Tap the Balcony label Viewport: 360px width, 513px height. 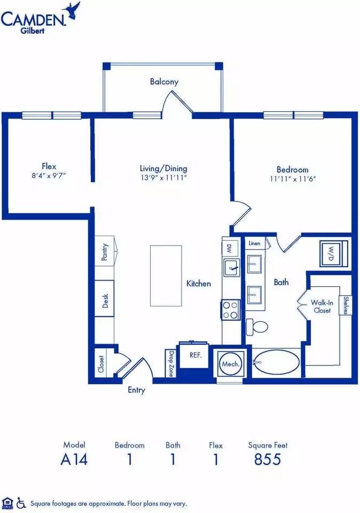[x=164, y=81]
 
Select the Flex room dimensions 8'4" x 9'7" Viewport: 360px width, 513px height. [x=49, y=175]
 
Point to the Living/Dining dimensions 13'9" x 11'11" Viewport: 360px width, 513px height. [x=163, y=177]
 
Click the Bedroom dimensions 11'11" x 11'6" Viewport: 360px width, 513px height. [x=293, y=178]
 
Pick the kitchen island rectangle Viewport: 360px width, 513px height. [x=166, y=276]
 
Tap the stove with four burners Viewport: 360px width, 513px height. [x=231, y=310]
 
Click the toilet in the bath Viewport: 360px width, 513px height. [x=257, y=326]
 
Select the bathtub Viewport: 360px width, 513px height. [x=277, y=362]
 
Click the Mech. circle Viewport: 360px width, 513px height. [x=231, y=364]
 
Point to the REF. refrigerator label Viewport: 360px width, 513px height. [x=195, y=355]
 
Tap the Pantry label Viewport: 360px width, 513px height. [x=104, y=252]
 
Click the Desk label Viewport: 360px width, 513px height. [x=105, y=301]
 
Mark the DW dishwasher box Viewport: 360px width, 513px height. [x=229, y=247]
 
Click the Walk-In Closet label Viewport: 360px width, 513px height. [x=322, y=307]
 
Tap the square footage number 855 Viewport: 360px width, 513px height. [x=268, y=459]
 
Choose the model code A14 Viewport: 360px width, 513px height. [x=74, y=459]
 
